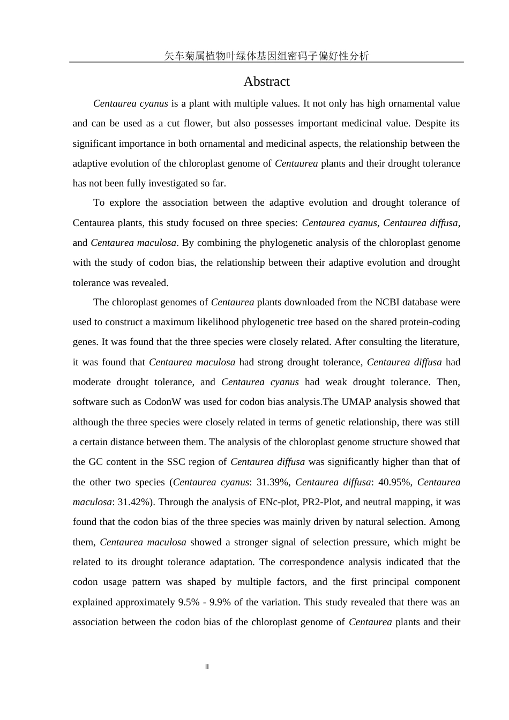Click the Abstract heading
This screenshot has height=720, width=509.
pos(266,81)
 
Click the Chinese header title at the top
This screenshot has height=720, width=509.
pos(266,56)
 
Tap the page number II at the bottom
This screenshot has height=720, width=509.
pos(207,667)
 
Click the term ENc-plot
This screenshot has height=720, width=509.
pos(279,502)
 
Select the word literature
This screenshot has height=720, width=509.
pos(438,342)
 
